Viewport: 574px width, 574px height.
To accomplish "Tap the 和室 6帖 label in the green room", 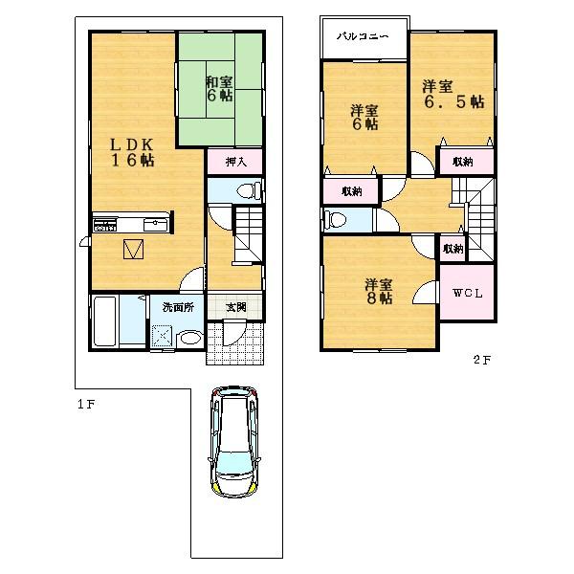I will tap(218, 88).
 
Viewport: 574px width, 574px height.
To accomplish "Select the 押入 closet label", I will tap(236, 162).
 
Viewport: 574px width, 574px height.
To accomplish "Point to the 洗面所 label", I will tap(177, 307).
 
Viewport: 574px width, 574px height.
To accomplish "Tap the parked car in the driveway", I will tap(234, 441).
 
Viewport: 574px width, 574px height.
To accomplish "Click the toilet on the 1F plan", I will tap(245, 191).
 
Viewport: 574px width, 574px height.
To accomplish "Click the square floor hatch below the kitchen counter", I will tap(134, 251).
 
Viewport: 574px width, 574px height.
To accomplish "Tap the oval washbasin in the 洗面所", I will tap(190, 337).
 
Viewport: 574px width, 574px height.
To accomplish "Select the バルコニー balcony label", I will tap(362, 37).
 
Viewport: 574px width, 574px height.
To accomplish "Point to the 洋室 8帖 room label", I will tap(378, 291).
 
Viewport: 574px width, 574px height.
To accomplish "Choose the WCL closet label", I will tap(467, 293).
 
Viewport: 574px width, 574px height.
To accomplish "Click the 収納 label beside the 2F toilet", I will tap(351, 191).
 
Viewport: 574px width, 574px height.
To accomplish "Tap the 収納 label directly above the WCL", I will tap(453, 248).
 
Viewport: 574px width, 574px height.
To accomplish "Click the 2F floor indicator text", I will tap(480, 361).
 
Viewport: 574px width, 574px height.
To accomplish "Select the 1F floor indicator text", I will tap(86, 405).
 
